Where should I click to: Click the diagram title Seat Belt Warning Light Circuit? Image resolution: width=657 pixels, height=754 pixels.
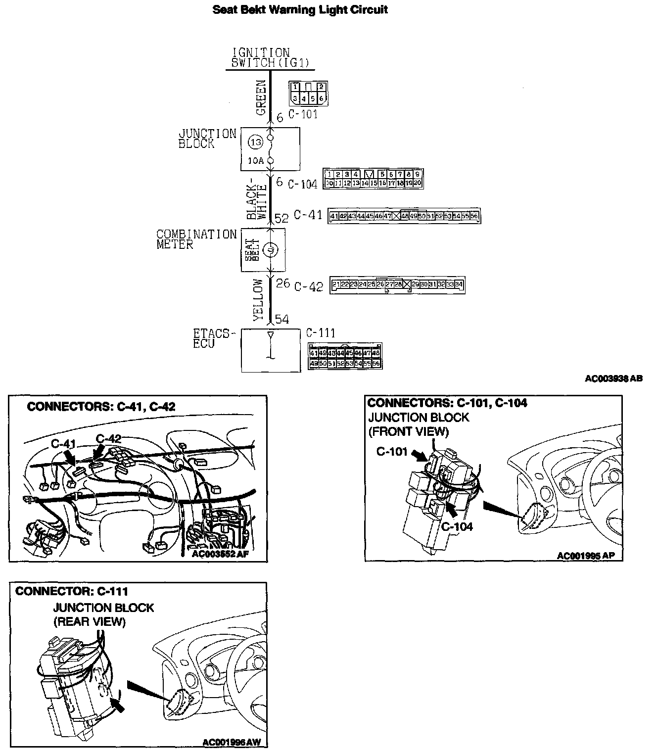click(x=300, y=9)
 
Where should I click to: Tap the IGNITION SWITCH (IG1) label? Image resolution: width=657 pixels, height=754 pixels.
click(x=261, y=58)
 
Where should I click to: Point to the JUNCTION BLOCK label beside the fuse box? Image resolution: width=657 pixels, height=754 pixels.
click(x=207, y=139)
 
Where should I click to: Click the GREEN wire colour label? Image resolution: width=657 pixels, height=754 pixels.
click(x=261, y=97)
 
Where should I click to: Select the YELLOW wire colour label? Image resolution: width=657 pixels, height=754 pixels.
click(x=258, y=299)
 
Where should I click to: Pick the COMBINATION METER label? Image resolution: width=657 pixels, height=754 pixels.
click(x=196, y=239)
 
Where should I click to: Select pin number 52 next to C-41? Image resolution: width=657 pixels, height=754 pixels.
click(x=282, y=217)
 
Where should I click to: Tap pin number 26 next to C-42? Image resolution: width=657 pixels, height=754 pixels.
click(x=282, y=283)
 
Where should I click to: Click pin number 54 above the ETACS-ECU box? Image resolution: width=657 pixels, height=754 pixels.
click(x=282, y=319)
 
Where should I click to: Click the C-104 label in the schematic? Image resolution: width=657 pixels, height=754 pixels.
click(x=302, y=184)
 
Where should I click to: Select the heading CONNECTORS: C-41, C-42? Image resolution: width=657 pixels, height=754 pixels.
click(x=101, y=407)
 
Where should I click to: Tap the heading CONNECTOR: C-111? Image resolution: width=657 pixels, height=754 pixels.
click(x=72, y=591)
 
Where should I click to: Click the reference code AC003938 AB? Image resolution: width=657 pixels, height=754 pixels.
click(x=613, y=378)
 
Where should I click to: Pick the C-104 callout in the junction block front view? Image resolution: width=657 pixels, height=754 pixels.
click(x=457, y=526)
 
